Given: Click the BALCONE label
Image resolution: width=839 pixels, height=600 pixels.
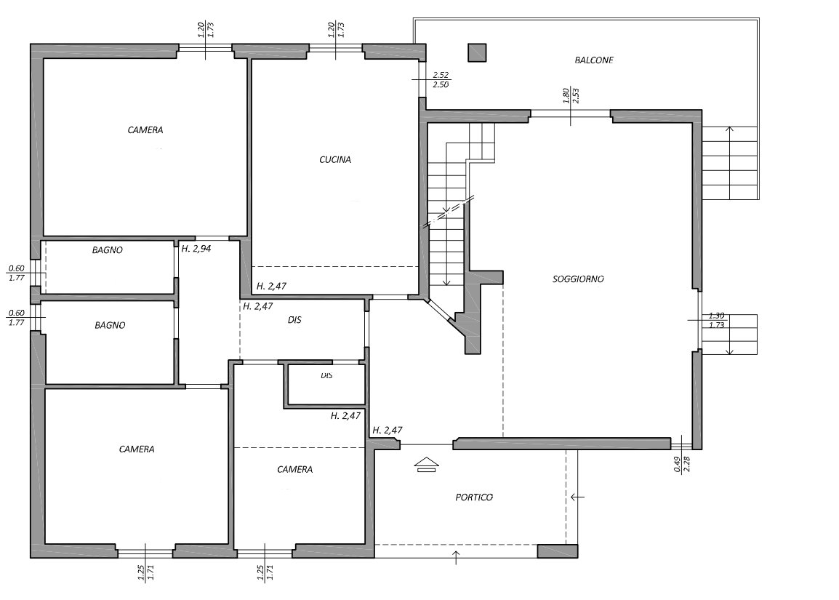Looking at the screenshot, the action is (594, 60).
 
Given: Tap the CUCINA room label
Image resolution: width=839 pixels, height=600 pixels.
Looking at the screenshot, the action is (335, 159).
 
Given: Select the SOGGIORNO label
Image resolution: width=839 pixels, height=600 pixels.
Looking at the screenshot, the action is (578, 279).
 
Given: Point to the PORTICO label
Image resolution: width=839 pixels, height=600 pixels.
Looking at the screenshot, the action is (474, 497).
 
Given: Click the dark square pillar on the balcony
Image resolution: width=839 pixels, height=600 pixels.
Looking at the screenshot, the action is (477, 52).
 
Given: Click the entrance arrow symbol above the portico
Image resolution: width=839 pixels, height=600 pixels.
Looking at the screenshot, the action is (427, 465).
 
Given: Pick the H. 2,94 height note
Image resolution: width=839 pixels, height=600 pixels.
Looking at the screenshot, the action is (196, 248).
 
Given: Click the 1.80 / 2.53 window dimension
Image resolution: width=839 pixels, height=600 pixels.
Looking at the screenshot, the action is (571, 96).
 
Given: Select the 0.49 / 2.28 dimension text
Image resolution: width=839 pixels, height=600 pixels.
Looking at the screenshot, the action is (682, 463).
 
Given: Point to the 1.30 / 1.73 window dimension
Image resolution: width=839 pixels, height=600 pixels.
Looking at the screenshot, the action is (716, 320).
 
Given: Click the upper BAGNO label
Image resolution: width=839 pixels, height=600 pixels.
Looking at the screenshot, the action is (107, 250).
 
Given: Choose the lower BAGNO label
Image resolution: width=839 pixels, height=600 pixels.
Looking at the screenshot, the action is (110, 325).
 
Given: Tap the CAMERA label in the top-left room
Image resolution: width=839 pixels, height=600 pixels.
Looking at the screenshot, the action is (145, 130).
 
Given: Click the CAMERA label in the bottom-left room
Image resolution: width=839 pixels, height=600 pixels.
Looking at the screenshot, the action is (137, 449).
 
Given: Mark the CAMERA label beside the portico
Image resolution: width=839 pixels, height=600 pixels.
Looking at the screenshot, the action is (295, 469).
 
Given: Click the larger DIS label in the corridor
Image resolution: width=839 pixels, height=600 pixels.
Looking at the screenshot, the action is (294, 320).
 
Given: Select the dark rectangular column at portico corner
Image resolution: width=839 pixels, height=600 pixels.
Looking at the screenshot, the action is (558, 551).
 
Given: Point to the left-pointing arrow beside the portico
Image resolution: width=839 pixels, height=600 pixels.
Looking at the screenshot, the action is (577, 497).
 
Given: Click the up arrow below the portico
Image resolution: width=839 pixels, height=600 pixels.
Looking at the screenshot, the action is (456, 557).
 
